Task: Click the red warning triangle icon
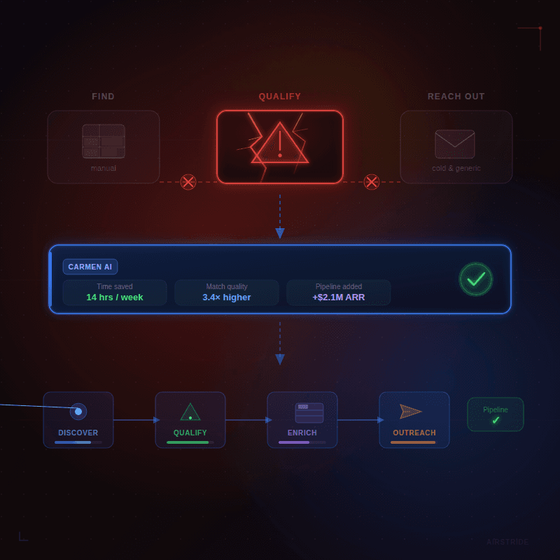point(280,144)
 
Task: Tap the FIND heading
point(103,97)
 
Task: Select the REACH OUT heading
point(456,97)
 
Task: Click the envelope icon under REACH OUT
point(455,144)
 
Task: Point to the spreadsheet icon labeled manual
point(104,141)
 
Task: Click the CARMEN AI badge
point(90,267)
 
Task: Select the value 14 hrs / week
point(115,297)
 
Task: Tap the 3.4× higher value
point(227,297)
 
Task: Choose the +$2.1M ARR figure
point(339,297)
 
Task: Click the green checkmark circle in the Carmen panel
point(476,279)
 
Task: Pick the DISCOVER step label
point(78,433)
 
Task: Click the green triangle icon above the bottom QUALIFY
point(190,412)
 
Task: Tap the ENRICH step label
point(302,433)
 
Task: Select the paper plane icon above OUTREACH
point(411,412)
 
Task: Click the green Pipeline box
point(496,414)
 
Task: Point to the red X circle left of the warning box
point(188,182)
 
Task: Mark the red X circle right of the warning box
point(372,182)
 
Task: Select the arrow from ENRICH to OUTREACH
point(358,420)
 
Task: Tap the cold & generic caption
point(456,168)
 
